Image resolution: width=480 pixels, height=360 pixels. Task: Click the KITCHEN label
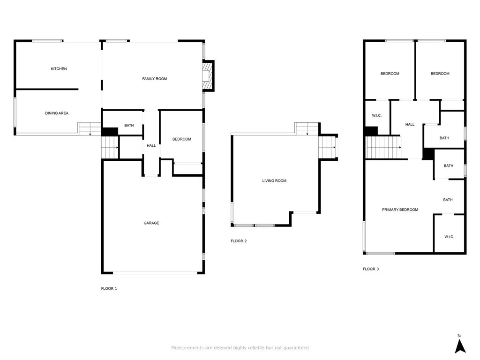(x=59, y=69)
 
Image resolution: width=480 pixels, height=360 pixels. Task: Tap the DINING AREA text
(x=57, y=113)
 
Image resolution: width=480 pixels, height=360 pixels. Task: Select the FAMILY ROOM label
(x=154, y=79)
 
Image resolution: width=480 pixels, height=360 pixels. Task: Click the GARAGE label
(x=151, y=223)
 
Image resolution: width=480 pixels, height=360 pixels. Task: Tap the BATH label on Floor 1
(x=129, y=126)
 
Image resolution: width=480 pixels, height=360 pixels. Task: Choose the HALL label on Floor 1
(x=151, y=146)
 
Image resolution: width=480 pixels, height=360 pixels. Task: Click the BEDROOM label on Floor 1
(x=181, y=139)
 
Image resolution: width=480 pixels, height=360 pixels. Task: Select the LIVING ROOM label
(x=274, y=181)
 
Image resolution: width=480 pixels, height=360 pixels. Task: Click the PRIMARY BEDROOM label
(x=400, y=210)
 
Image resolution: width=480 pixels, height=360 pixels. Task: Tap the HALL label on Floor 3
(x=410, y=125)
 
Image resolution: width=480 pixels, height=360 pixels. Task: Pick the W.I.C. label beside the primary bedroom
(x=449, y=237)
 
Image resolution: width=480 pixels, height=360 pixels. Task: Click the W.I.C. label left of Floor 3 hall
(x=376, y=116)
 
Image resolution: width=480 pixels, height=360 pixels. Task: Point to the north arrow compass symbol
(x=460, y=345)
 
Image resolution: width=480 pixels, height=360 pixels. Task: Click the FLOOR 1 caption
(x=109, y=289)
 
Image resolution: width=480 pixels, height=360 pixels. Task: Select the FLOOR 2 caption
(x=239, y=241)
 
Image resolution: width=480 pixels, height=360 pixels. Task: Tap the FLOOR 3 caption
(x=371, y=269)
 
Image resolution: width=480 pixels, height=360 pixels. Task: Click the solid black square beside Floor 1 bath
(x=109, y=132)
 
